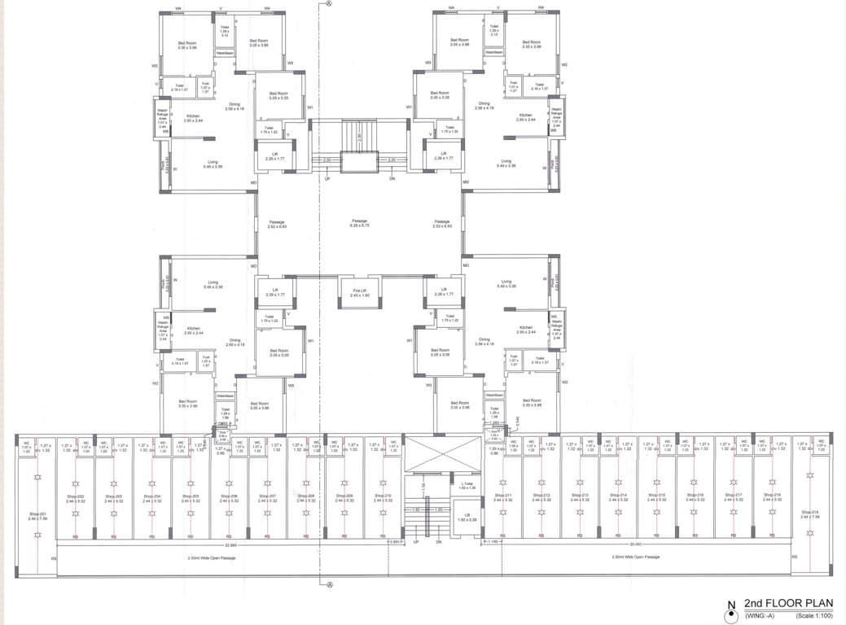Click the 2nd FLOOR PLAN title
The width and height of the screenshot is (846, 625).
point(785,603)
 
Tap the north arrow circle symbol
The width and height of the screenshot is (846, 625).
point(730,614)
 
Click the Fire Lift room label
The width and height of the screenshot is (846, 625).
point(360,294)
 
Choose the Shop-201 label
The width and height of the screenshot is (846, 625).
point(37,516)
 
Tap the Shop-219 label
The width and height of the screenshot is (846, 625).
point(809,514)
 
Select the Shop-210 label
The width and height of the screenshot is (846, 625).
point(383,497)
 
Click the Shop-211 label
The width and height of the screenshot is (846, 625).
point(502,497)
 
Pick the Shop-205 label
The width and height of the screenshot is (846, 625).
point(191,497)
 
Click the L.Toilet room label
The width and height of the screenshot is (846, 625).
point(467,486)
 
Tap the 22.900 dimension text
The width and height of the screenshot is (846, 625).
point(230,544)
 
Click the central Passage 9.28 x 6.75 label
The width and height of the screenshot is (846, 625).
point(360,223)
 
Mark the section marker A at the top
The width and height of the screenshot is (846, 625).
point(329,3)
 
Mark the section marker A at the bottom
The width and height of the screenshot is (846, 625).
point(329,584)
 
